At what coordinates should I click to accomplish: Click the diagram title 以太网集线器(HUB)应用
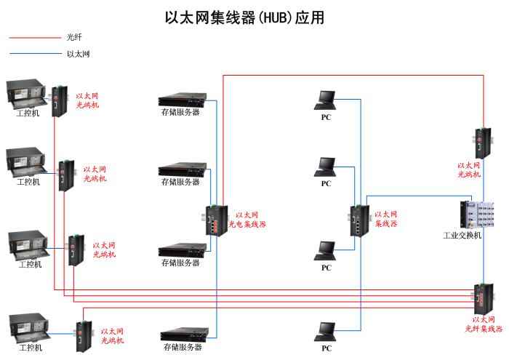click(244, 17)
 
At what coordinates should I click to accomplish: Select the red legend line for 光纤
click(35, 38)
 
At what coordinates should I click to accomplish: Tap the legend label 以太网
click(79, 54)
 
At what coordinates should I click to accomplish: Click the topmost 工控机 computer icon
click(26, 94)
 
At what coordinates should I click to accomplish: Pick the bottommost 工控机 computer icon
click(29, 328)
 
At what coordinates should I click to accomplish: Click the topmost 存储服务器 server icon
click(183, 100)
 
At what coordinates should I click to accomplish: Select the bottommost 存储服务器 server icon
click(185, 335)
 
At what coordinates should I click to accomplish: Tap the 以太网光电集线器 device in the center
click(216, 220)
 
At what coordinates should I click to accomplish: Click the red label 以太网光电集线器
click(247, 220)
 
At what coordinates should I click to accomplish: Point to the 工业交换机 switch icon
click(477, 215)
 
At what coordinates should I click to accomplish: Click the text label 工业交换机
click(462, 236)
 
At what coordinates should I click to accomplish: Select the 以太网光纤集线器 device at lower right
click(483, 299)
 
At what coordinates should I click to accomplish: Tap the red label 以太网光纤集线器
click(484, 324)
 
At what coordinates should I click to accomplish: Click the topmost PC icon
click(325, 100)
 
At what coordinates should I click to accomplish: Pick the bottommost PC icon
click(325, 332)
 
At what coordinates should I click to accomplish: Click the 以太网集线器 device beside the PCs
click(360, 221)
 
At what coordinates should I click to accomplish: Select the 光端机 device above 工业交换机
click(483, 143)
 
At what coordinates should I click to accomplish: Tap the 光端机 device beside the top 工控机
click(60, 101)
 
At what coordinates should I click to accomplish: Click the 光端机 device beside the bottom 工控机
click(84, 336)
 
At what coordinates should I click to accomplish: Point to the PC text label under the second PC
click(326, 184)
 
